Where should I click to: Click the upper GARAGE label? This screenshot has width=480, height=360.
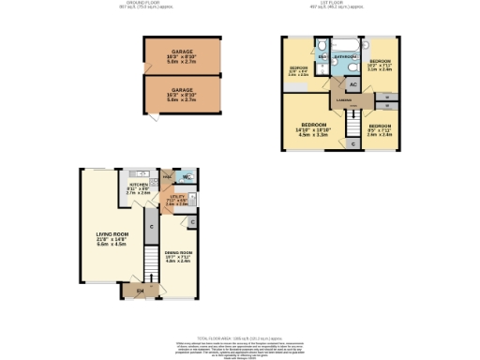181,53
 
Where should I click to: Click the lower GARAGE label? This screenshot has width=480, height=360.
181,90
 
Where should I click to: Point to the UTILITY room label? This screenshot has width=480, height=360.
177,196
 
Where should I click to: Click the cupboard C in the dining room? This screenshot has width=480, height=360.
191,221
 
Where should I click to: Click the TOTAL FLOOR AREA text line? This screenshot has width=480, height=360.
240,336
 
